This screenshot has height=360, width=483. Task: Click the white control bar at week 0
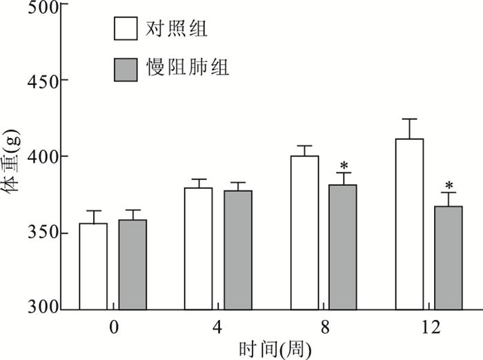[x=93, y=267]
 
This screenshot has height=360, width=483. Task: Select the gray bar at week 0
[x=132, y=265]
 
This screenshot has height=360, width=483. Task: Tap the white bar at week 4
[x=198, y=249]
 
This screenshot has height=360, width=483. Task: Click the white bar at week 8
[x=304, y=233]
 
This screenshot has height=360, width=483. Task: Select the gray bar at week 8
[x=343, y=247]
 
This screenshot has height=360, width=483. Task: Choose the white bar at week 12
[x=409, y=224]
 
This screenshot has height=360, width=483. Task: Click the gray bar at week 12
[x=448, y=258]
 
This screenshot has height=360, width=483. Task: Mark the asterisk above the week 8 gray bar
[x=343, y=166]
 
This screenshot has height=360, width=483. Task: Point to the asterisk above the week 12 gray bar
[x=448, y=185]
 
